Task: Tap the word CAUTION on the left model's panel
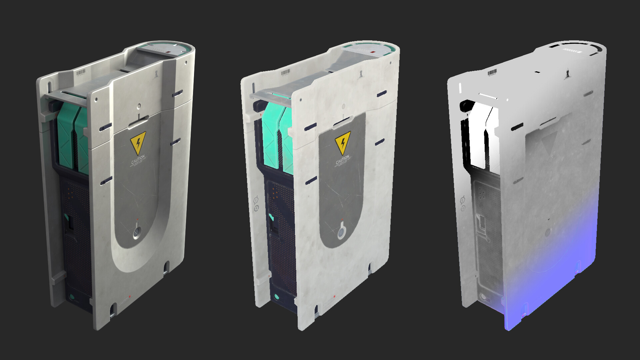(x=138, y=160)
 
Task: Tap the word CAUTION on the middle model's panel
(x=342, y=160)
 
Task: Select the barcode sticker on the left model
(x=81, y=73)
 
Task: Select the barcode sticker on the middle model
(x=286, y=73)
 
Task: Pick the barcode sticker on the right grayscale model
(x=492, y=73)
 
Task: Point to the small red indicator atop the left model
(x=168, y=52)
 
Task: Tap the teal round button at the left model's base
(x=71, y=297)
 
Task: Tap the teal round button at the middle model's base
(x=276, y=296)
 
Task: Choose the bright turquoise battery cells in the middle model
(x=277, y=137)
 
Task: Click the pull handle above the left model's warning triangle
(x=137, y=123)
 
